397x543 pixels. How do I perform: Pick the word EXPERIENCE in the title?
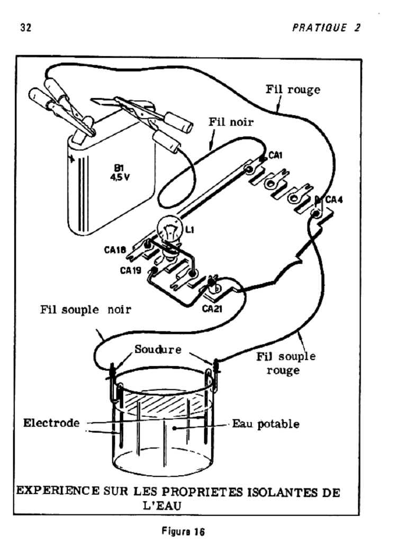55,491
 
